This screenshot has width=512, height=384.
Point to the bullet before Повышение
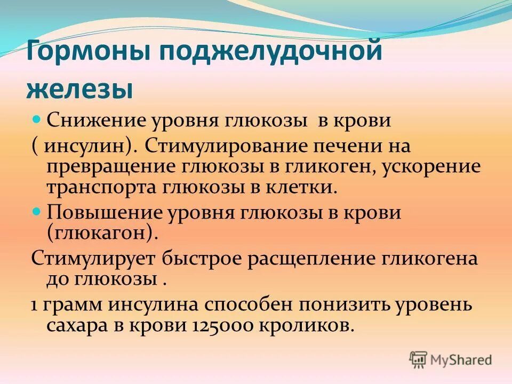click(x=37, y=212)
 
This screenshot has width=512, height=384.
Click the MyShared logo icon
click(x=419, y=360)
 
